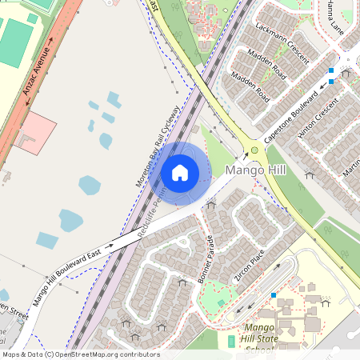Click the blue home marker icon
[180, 171]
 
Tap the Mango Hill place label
[256, 170]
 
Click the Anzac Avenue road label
[38, 73]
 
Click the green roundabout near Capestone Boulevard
[255, 150]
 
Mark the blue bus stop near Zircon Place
[274, 295]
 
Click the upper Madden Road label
[266, 62]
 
